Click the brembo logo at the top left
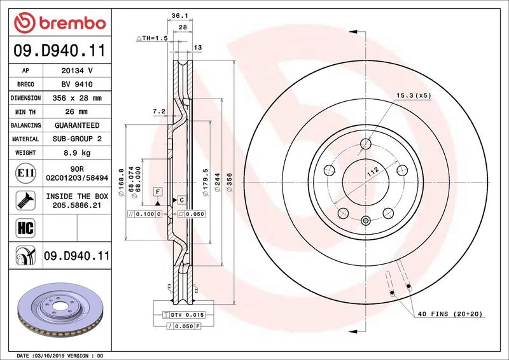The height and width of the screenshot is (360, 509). tap(60, 22)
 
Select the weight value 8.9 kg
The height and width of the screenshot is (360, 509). tap(77, 153)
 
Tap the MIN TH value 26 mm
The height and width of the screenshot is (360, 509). tap(76, 112)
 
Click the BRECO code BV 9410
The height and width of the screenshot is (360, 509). tap(77, 85)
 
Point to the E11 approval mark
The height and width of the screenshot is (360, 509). tap(25, 173)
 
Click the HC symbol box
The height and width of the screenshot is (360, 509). tap(25, 228)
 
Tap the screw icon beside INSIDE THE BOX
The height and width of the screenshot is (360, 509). tap(25, 200)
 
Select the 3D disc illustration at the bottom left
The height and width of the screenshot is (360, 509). tap(60, 308)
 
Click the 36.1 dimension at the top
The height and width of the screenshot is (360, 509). tap(180, 15)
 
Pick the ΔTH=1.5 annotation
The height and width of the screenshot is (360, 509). tap(152, 38)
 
